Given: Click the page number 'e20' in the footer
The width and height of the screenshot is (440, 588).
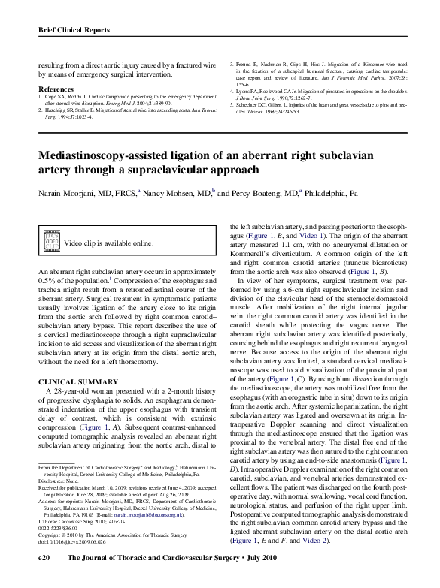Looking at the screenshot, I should click(44, 578).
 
